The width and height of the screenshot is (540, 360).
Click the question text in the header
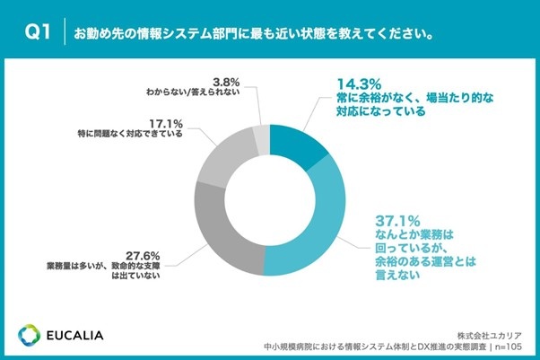pyautogui.click(x=255, y=35)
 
